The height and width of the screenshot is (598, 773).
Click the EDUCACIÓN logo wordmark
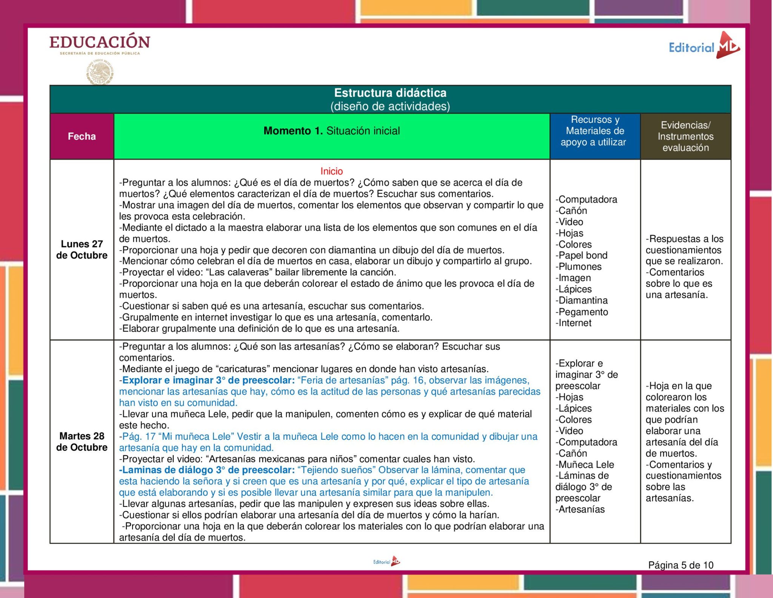tap(100, 42)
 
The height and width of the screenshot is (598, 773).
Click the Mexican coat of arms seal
tap(100, 72)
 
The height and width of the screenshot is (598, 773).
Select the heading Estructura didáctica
tap(390, 93)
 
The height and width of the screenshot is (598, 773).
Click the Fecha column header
tap(82, 136)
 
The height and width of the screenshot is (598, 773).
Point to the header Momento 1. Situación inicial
tap(331, 131)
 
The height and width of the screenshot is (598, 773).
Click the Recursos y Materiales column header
tap(594, 131)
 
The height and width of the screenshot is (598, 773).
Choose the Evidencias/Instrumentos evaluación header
tap(685, 136)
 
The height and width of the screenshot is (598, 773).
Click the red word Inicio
tap(331, 171)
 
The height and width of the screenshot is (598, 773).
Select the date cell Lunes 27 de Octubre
tap(82, 250)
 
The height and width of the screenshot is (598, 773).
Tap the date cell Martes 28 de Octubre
tap(82, 442)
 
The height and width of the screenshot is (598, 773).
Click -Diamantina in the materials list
tap(582, 301)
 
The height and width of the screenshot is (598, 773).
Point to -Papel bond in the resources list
tap(581, 255)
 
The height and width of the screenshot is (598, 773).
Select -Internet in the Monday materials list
tap(573, 323)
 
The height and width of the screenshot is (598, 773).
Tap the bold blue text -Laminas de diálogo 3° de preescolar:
tap(207, 470)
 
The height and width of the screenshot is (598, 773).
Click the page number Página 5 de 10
tap(681, 565)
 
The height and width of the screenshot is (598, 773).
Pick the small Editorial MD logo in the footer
tap(386, 562)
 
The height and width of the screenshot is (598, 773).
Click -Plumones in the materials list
tap(578, 267)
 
